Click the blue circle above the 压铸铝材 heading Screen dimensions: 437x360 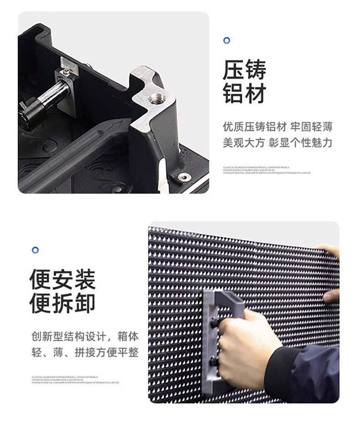(226, 41)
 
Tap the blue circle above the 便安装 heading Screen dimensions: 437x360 (35, 250)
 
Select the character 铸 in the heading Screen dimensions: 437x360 (255, 71)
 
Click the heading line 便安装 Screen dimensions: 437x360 (62, 279)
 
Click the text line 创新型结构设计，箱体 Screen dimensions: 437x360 (85, 337)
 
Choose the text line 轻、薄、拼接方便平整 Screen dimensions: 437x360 (85, 353)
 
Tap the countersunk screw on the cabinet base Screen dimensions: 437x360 (184, 177)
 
